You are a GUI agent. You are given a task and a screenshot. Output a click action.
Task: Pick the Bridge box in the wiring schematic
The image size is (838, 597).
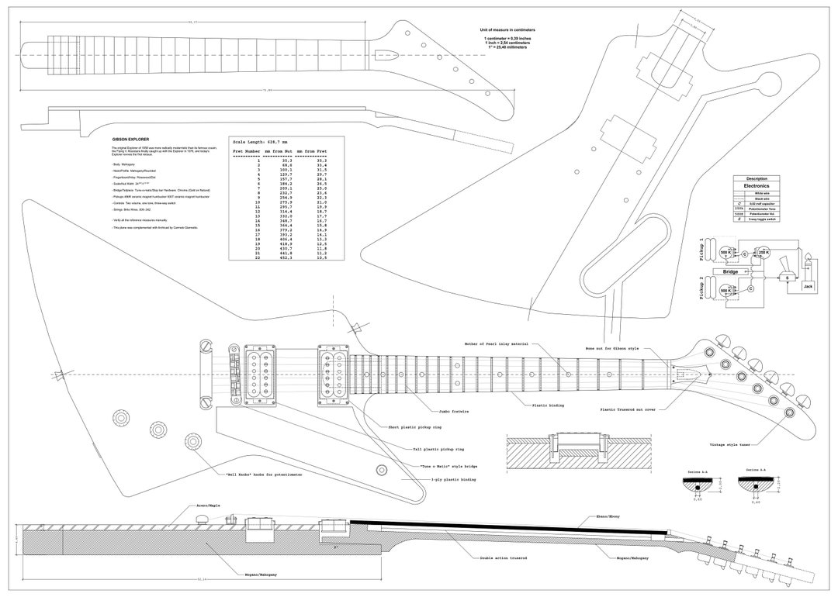coord(729,272)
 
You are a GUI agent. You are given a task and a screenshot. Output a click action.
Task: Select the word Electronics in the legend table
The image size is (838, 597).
coord(757,186)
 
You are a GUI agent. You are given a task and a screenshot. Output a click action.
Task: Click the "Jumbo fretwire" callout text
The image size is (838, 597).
coord(452,411)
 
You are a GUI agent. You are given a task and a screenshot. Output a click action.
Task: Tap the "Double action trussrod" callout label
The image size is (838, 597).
coord(488,557)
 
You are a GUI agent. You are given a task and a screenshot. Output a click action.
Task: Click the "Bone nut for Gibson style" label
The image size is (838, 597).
coord(612,349)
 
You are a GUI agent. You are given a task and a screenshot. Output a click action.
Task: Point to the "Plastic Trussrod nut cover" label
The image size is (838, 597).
coord(628,409)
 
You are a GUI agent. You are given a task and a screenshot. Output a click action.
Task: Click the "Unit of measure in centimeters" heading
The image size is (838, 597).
coord(507,29)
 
